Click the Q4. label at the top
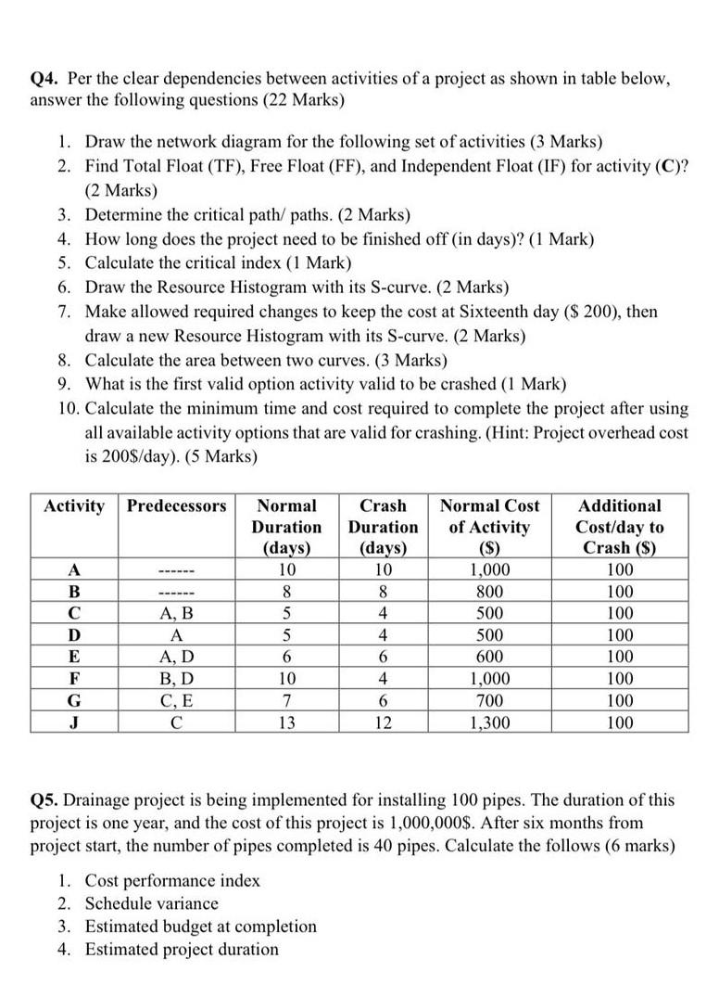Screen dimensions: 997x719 pos(48,78)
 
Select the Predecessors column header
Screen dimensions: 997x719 pos(176,506)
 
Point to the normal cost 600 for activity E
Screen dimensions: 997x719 pos(488,658)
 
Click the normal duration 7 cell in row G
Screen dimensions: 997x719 pos(286,701)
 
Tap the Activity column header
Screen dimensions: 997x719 pos(74,506)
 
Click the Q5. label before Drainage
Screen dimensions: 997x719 pos(48,799)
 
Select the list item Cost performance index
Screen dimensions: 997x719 pos(172,880)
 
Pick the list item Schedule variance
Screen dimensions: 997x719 pos(152,903)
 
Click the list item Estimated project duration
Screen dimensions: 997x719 pos(182,949)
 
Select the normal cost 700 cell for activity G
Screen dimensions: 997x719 pos(488,701)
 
